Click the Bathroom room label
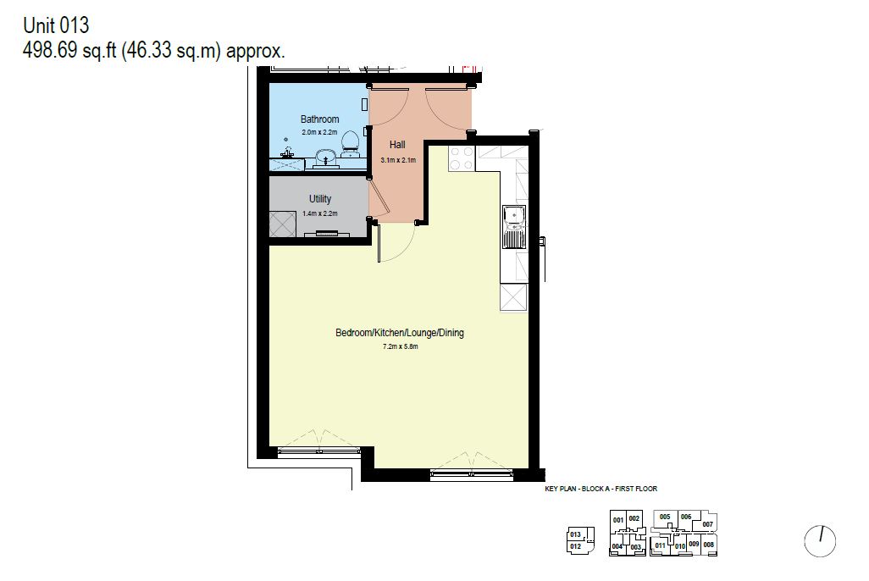tap(320, 119)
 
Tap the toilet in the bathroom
tap(350, 142)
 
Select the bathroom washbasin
tap(325, 159)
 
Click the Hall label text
tap(397, 145)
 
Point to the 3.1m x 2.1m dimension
tap(398, 160)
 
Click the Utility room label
tap(320, 199)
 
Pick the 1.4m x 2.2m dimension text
tap(320, 213)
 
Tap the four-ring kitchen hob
tap(462, 158)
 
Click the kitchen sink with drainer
tap(514, 227)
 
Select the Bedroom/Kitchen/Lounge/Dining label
tap(400, 333)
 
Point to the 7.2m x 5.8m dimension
tap(400, 346)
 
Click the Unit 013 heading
tap(56, 25)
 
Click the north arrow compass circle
tap(820, 540)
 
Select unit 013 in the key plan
tap(575, 534)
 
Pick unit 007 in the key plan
tap(707, 524)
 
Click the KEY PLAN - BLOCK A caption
tap(601, 489)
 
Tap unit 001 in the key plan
tap(618, 520)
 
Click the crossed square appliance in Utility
tap(283, 224)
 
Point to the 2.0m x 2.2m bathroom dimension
tap(320, 132)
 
